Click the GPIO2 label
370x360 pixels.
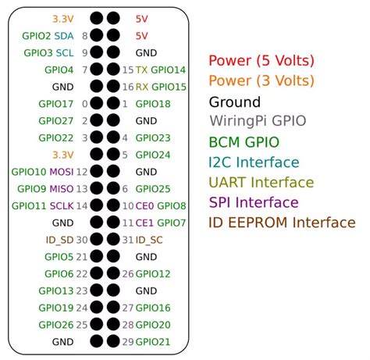point(37,36)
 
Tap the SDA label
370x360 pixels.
point(66,36)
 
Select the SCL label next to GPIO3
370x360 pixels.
point(66,53)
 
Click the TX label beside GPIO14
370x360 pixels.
point(141,70)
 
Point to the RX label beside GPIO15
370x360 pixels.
point(141,87)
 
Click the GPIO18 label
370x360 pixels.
point(153,104)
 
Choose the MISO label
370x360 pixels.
point(62,188)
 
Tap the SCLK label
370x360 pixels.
point(62,205)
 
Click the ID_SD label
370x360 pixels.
point(59,240)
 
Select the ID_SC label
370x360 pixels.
point(149,240)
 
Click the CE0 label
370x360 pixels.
point(145,205)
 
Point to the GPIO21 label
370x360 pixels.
point(153,341)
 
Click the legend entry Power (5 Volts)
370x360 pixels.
point(261,61)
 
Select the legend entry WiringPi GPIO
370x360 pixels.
point(258,121)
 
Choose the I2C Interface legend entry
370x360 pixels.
point(254,162)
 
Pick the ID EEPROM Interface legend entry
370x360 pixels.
point(281,223)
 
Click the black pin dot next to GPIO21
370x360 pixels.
point(113,341)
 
